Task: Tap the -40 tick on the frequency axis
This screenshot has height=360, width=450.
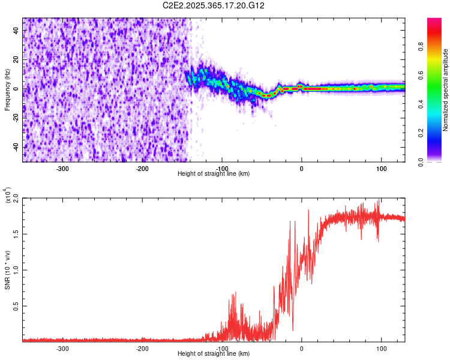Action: [16, 147]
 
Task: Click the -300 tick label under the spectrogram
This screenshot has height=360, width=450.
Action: [63, 168]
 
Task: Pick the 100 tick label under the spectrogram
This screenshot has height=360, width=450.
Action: [380, 168]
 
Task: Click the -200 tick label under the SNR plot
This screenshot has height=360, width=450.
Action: [142, 348]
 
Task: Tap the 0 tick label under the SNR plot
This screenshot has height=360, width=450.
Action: [301, 348]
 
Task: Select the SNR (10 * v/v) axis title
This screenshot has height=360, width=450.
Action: [7, 269]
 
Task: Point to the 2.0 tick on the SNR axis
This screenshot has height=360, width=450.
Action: [16, 197]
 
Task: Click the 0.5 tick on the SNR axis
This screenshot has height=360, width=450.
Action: [16, 305]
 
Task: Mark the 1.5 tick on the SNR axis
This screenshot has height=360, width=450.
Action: [16, 233]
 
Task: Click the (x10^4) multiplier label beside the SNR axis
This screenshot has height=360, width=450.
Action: [7, 196]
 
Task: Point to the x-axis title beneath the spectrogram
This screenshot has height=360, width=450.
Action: [214, 173]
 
